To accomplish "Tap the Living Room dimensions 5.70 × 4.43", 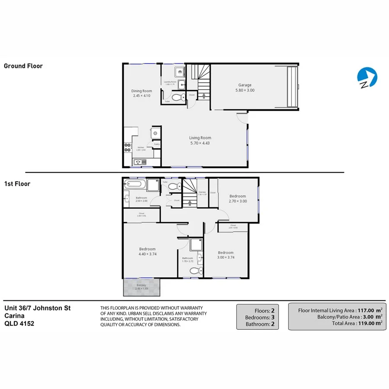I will coord(200,143).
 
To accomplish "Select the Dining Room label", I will coord(142,91).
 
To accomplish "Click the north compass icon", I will coord(367,77).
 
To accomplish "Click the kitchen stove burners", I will coord(127,147).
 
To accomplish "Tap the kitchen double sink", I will coord(140,162).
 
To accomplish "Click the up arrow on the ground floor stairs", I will coord(205,95).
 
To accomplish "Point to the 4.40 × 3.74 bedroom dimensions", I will coord(147,254).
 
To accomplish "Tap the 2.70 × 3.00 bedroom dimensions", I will coord(238,201).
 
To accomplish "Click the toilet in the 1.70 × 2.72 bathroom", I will coord(196,271).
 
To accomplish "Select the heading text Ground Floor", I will coord(23,66).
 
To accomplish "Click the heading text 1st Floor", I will coord(17,184).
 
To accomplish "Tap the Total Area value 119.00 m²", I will coord(367,323).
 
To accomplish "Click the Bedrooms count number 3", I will coord(273,317).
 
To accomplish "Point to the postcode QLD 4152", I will coord(19,323).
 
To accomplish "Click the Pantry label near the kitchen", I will coord(157,144).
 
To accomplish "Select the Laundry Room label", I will coord(170,82).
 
